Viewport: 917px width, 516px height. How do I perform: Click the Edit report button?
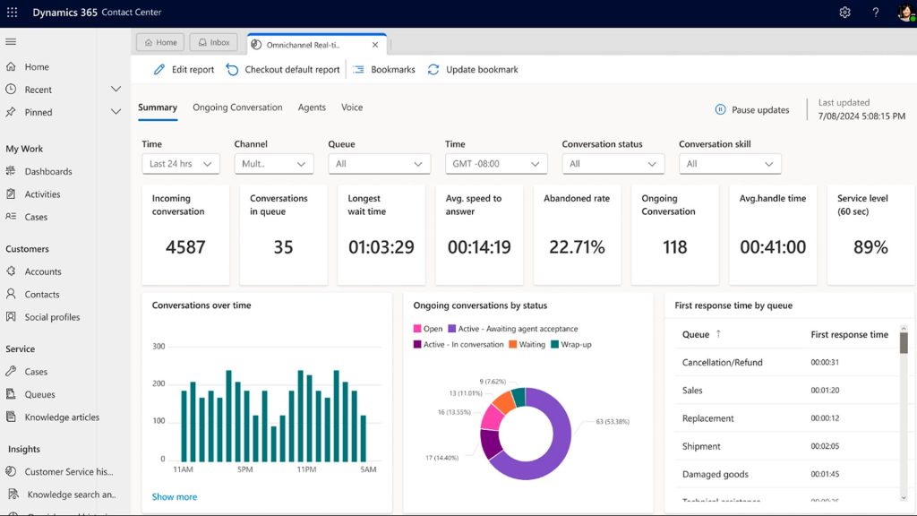tap(184, 70)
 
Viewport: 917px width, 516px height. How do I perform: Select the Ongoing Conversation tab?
tap(237, 107)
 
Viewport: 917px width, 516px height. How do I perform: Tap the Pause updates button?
tap(752, 110)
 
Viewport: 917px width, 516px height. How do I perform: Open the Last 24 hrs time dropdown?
tap(181, 164)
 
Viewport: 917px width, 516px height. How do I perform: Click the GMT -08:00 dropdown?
tap(496, 164)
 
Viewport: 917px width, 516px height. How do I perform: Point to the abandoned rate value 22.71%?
tap(577, 247)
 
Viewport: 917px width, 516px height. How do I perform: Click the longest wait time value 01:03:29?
tap(381, 247)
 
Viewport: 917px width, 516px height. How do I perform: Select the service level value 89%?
tap(870, 247)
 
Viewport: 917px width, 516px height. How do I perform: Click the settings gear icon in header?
tap(844, 13)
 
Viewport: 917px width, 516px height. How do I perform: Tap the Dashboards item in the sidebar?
tap(48, 171)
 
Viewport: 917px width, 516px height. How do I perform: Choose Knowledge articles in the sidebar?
tap(62, 417)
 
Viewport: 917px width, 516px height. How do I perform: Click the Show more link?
tap(175, 497)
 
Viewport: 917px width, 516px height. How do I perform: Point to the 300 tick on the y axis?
tap(159, 347)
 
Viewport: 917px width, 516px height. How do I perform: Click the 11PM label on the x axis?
tap(305, 469)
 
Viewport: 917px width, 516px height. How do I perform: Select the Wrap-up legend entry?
tap(576, 345)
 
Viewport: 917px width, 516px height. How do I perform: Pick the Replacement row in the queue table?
tap(707, 418)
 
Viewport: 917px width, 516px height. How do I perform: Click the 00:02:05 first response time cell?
tap(824, 446)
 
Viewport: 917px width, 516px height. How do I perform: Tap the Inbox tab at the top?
tap(213, 42)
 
